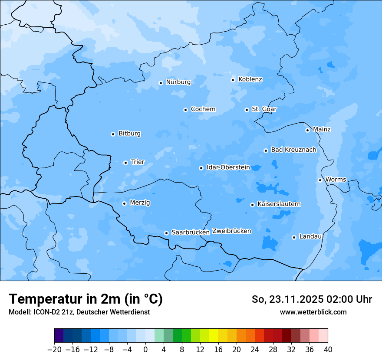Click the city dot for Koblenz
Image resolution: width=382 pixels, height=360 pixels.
[233, 80]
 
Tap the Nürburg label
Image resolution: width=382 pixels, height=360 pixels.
[178, 82]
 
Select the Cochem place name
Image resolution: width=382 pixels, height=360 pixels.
[203, 109]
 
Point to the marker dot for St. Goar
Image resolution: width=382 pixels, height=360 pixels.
[247, 110]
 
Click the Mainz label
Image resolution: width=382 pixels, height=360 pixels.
[322, 130]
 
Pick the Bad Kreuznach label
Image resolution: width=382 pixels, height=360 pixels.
[293, 150]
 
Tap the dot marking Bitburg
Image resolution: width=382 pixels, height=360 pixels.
[113, 134]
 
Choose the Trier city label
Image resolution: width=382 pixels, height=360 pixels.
[138, 162]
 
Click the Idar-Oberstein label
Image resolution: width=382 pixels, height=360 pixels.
[228, 167]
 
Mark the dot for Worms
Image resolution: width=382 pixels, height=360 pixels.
[320, 180]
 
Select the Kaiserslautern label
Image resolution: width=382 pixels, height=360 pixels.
[279, 204]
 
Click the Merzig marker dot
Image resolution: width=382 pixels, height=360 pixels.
[124, 203]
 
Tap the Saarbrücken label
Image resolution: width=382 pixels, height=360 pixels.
[191, 232]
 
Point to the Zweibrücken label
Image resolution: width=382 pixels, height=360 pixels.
[231, 231]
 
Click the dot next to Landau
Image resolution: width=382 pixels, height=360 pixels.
[294, 237]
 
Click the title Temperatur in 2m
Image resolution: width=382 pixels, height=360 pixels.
[86, 299]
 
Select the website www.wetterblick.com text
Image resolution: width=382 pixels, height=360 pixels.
[313, 312]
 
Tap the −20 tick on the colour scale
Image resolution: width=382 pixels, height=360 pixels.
[54, 350]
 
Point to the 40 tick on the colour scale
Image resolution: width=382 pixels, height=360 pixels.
[328, 350]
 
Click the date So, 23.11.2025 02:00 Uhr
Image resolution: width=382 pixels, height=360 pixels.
[312, 299]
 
